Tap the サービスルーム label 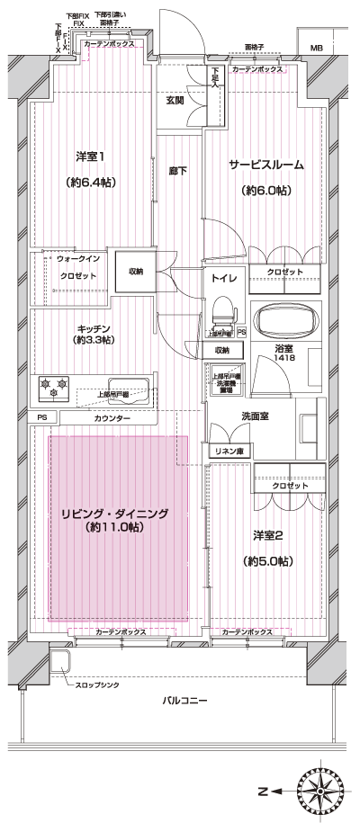coord(265,165)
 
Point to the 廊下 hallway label coord(176,170)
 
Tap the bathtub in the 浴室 coord(287,321)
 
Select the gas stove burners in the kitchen coord(54,390)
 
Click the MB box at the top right coord(317,47)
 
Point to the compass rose coord(324,792)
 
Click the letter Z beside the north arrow coord(262,792)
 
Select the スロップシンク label coord(98,685)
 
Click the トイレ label coord(224,279)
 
